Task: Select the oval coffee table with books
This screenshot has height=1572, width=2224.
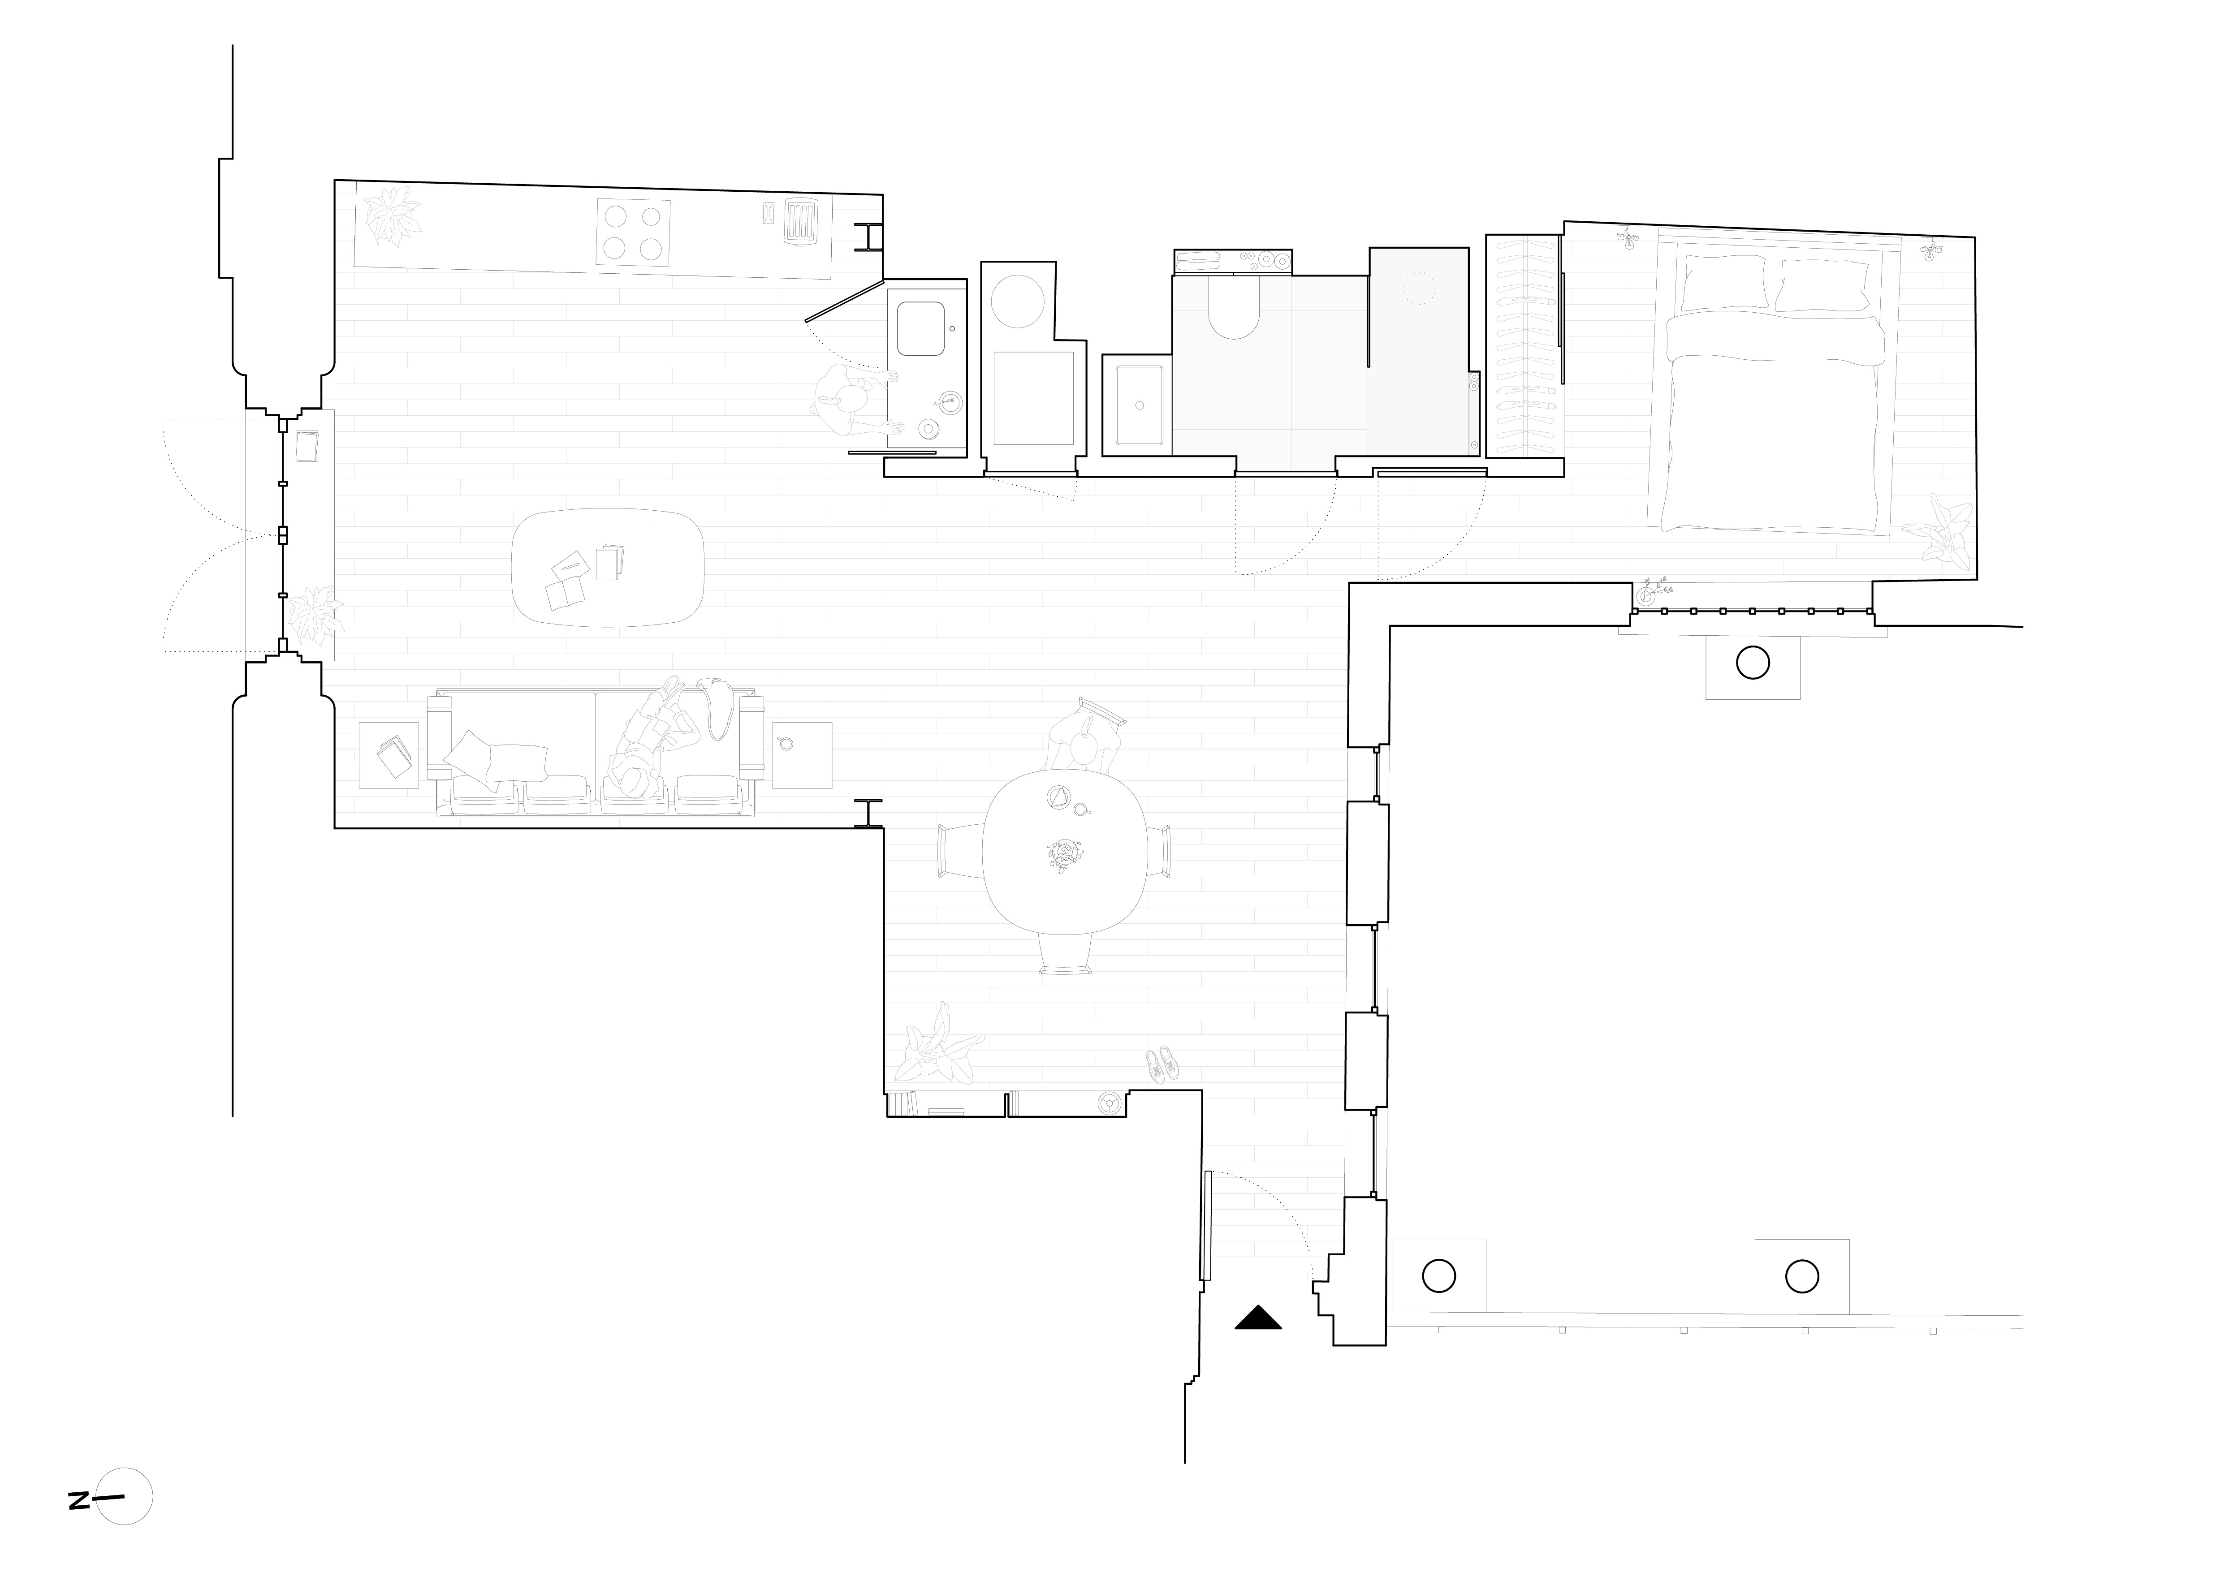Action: [607, 568]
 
